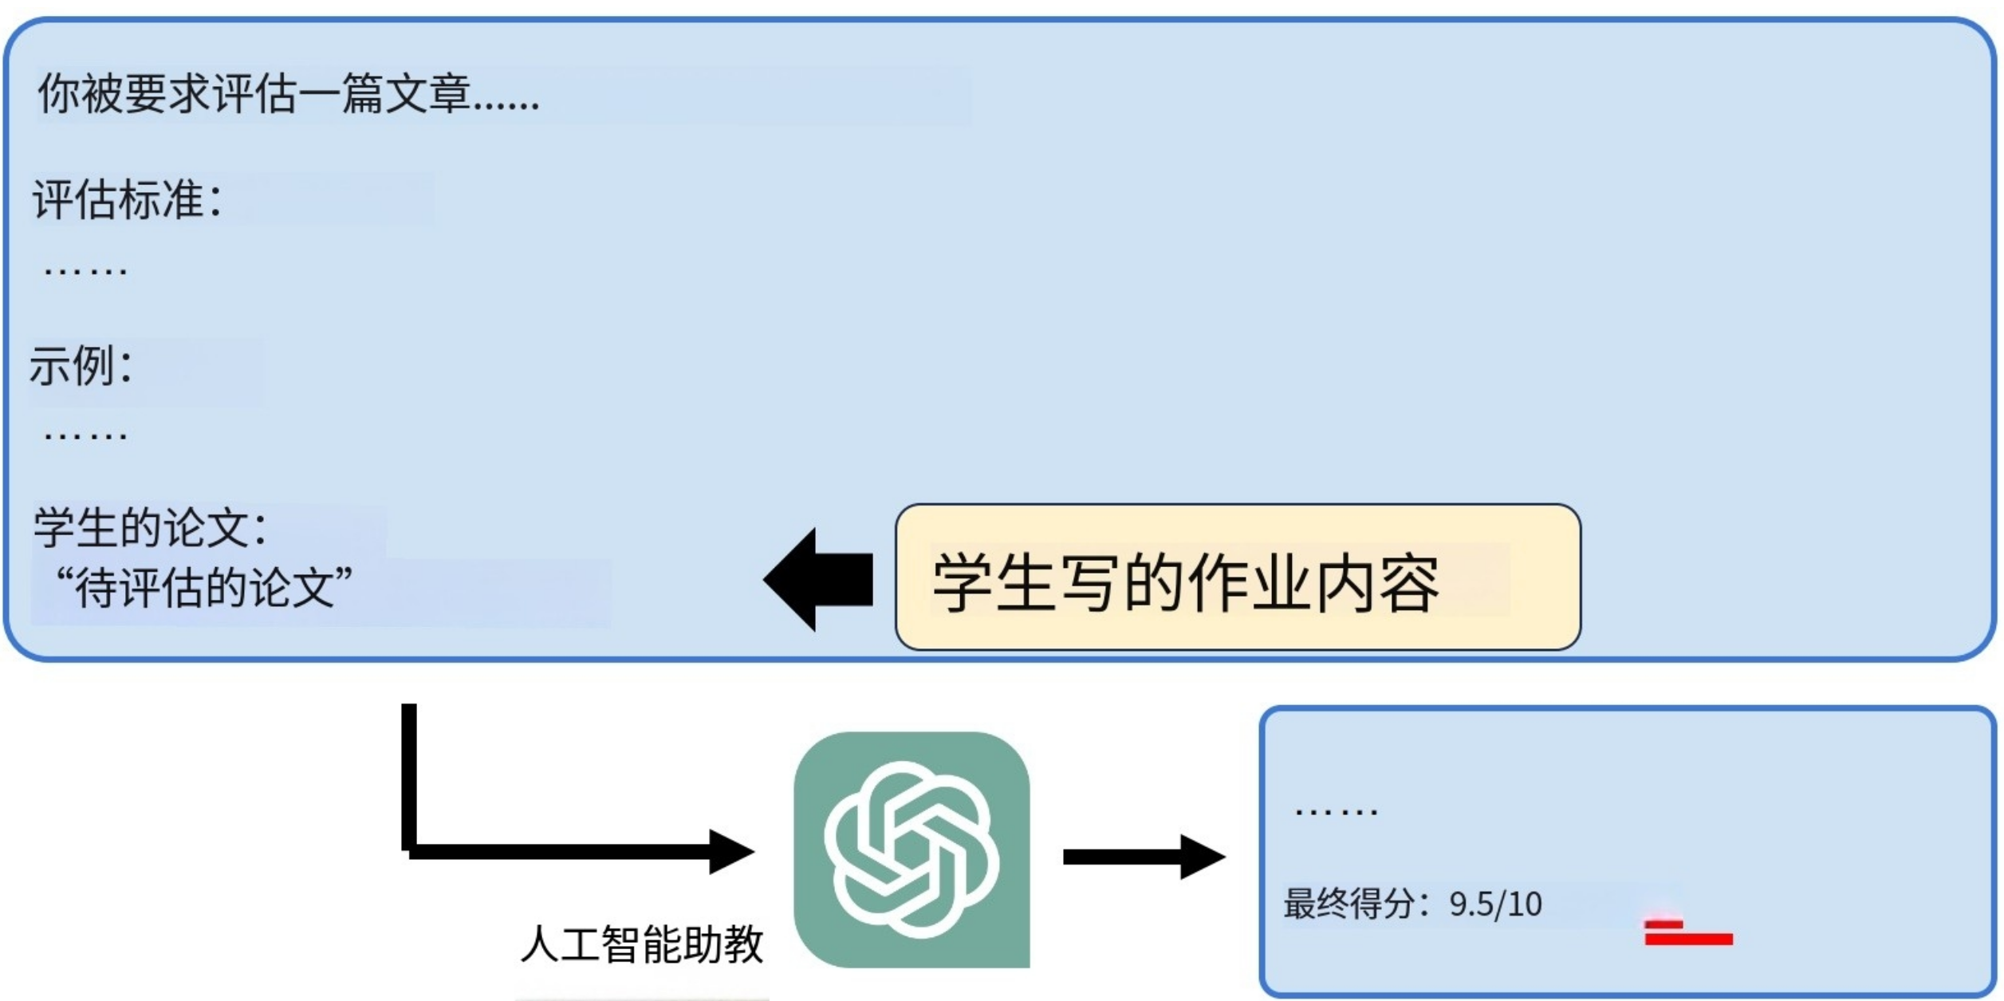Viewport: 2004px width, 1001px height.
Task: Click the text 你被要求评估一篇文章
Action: pos(287,94)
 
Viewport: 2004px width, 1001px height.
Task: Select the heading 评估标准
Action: pos(126,199)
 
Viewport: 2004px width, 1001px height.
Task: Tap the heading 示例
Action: pos(80,367)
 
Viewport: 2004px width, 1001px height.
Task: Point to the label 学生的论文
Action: pos(150,528)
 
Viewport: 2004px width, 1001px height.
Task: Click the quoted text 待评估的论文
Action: pos(203,589)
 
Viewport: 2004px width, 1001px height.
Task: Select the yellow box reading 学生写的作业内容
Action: pos(1238,577)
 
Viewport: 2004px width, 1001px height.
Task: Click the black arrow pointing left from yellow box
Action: pos(820,580)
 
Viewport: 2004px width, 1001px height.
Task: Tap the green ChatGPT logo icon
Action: pos(911,849)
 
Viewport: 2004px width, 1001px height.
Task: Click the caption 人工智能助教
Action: pos(642,945)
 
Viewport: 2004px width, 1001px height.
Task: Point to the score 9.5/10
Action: pos(1495,904)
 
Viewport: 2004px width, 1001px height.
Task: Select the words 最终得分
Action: pos(1348,904)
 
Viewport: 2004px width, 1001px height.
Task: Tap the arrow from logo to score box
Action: pos(1144,857)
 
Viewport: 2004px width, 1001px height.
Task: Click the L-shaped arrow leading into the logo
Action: pos(558,850)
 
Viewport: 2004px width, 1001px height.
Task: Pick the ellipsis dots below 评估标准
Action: pos(85,271)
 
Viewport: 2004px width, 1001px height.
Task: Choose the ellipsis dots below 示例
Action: pos(85,435)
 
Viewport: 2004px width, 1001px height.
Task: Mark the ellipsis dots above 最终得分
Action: pos(1337,812)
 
